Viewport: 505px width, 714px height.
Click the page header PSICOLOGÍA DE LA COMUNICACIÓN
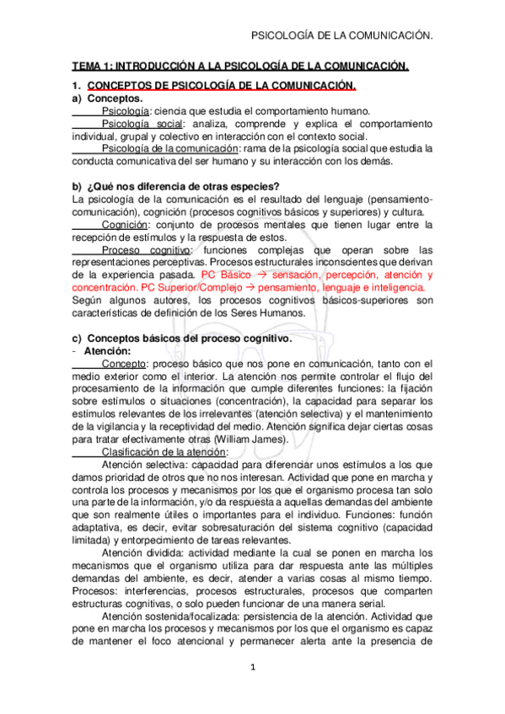pos(342,35)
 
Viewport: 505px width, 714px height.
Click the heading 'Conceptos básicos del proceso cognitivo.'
pos(189,338)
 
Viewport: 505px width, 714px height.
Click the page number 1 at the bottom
pos(252,668)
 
